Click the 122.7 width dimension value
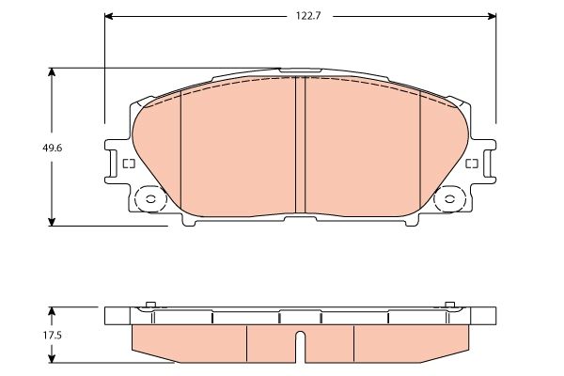(x=300, y=16)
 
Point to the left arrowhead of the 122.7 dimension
(x=109, y=16)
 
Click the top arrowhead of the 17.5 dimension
(x=53, y=311)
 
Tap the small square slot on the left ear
(x=129, y=164)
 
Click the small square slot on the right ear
(x=472, y=164)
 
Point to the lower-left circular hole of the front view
(x=148, y=199)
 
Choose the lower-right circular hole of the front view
(x=452, y=199)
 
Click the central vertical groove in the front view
(x=301, y=146)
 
